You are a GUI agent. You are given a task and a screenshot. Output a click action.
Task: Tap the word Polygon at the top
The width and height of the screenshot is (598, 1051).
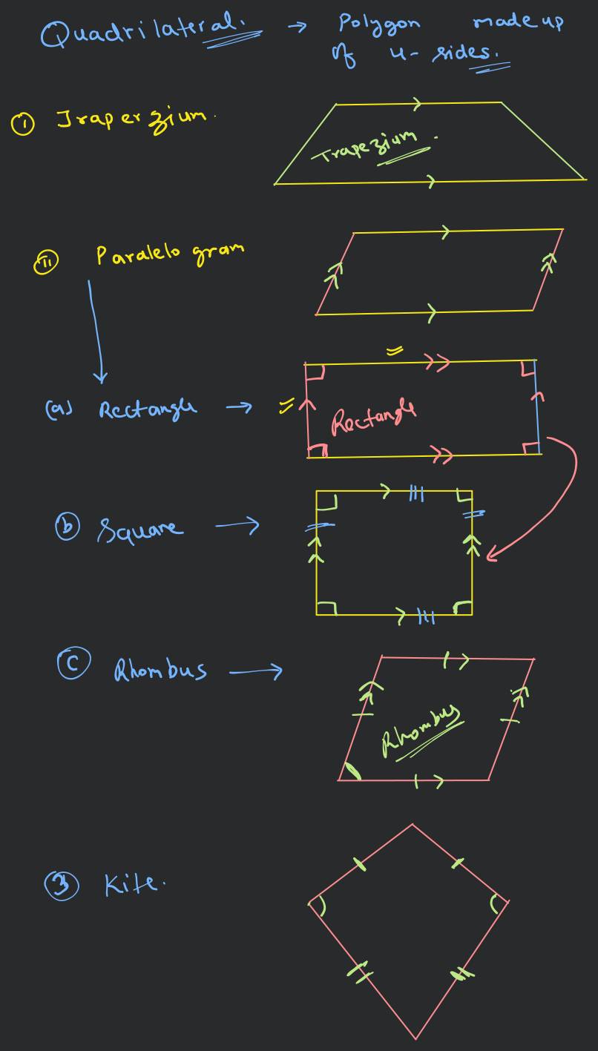pos(379,24)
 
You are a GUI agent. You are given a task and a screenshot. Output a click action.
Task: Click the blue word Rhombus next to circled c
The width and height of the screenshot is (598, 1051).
pos(160,671)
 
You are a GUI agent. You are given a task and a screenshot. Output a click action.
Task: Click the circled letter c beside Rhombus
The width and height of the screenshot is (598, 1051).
pos(72,662)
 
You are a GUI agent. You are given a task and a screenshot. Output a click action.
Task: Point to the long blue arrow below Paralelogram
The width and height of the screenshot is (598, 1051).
pos(93,331)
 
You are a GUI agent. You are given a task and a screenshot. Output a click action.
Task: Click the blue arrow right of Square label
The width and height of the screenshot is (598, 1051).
pos(237,527)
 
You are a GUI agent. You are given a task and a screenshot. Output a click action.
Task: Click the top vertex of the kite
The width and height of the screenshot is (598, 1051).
pos(413,824)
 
